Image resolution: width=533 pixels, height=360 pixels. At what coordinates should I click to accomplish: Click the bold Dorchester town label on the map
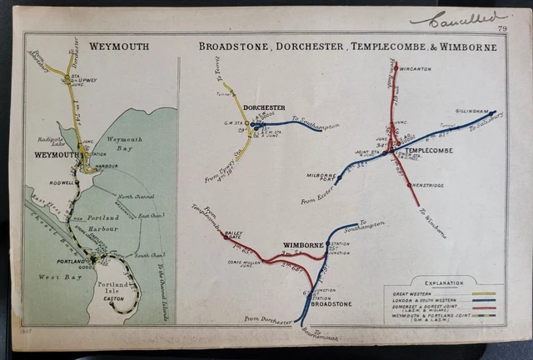[264, 107]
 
